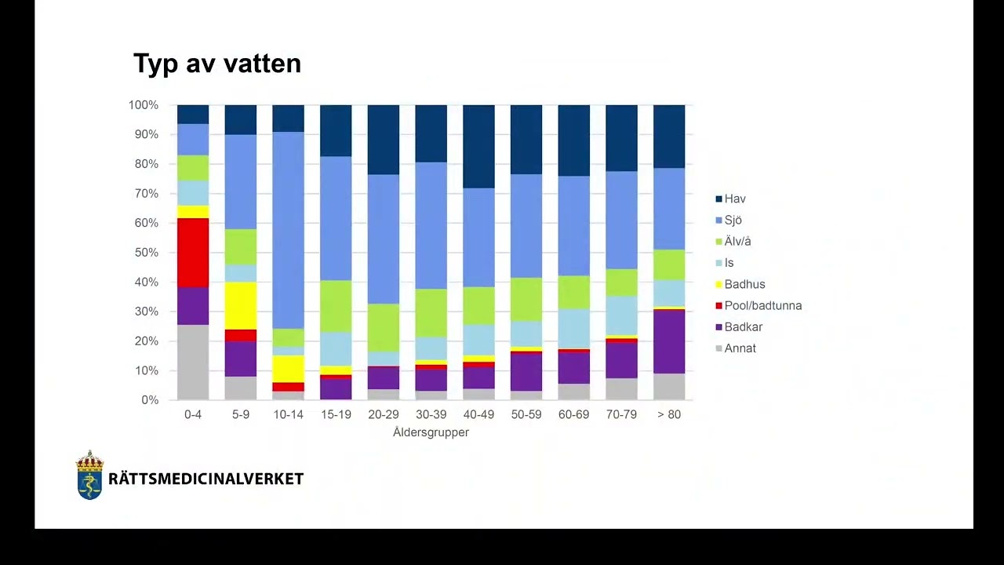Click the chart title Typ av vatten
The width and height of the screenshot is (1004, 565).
click(x=217, y=64)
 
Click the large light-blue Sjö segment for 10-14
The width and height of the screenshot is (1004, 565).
click(x=288, y=230)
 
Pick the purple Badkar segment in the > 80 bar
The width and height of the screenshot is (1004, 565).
click(x=669, y=341)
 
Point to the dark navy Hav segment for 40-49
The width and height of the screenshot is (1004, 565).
click(x=478, y=146)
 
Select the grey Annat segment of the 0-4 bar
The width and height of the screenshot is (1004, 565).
click(x=193, y=362)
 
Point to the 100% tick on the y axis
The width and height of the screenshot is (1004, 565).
click(x=144, y=105)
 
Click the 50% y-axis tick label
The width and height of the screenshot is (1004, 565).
click(x=146, y=253)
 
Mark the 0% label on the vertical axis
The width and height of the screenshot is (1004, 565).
click(x=149, y=400)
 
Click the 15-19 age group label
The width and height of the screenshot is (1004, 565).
click(x=336, y=415)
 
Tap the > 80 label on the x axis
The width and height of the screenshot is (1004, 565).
click(x=669, y=415)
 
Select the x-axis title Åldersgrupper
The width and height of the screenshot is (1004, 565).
click(x=431, y=432)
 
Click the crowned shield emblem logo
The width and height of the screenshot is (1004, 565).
click(x=89, y=476)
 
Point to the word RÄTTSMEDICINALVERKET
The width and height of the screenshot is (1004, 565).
click(x=206, y=479)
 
